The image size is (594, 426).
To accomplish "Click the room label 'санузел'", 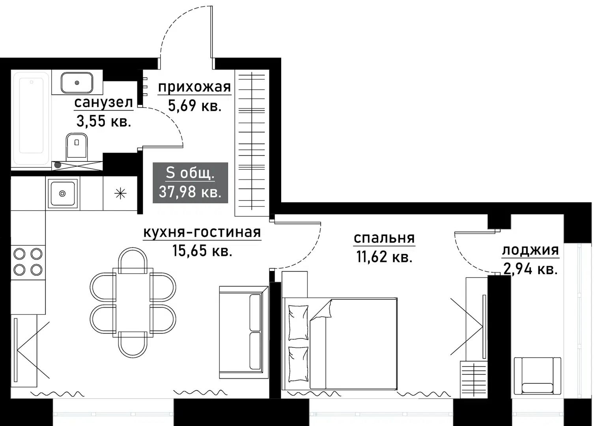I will (103, 103).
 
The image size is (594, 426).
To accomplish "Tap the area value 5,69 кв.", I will (194, 106).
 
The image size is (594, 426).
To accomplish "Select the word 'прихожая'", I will (194, 87).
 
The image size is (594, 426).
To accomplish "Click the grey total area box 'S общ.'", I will (190, 183).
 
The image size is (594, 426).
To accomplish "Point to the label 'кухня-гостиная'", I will (202, 232).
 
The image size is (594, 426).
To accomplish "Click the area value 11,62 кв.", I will (384, 257).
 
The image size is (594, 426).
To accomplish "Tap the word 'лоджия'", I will (530, 250).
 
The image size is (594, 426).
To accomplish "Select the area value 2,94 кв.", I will (530, 269).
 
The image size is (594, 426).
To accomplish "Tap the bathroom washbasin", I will (77, 82).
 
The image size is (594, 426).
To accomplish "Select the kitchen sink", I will (62, 193).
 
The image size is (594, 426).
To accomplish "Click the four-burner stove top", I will (28, 262).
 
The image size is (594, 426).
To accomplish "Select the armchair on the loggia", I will (537, 376).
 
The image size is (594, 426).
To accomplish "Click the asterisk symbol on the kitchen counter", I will (120, 194).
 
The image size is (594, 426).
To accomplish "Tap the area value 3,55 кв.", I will (103, 121).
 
